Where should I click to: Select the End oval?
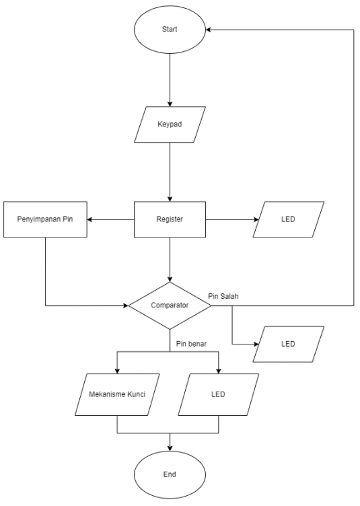(170, 474)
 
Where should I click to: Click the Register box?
(170, 219)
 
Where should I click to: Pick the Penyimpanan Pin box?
(44, 219)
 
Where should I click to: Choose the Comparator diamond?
(170, 305)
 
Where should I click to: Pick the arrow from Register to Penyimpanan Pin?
(111, 219)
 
